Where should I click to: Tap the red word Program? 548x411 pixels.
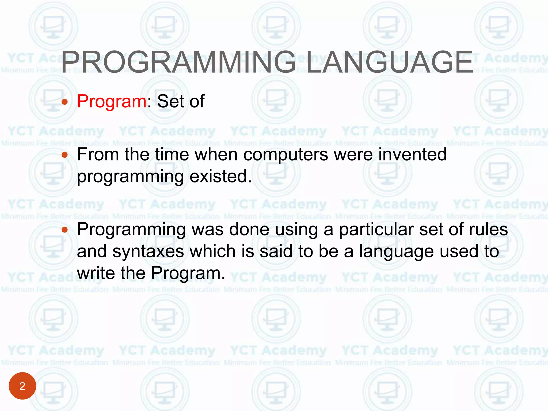[x=112, y=102]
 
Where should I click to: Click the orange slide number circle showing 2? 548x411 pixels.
[x=22, y=386]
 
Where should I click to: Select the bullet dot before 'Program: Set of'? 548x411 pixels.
[x=64, y=102]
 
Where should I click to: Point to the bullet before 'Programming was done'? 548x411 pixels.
[x=64, y=229]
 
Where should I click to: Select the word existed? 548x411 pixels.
[x=221, y=177]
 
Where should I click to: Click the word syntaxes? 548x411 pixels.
[x=148, y=252]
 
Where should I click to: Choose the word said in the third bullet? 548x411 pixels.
[x=276, y=252]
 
